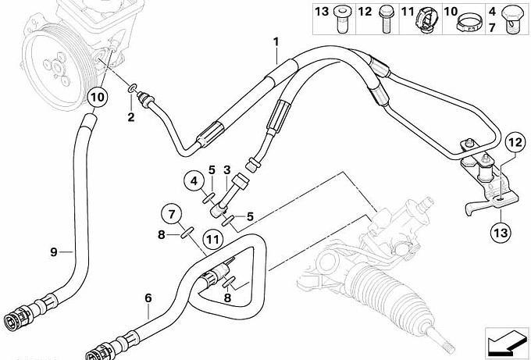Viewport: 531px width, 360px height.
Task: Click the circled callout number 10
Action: coord(98,97)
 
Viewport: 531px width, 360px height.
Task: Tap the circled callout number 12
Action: coord(515,143)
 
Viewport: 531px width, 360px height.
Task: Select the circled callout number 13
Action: coord(501,233)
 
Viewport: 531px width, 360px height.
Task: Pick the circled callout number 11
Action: coord(213,240)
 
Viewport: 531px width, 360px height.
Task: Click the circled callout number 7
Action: coord(171,215)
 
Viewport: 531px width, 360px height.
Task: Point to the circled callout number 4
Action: coord(194,181)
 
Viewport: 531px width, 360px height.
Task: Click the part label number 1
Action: coord(276,42)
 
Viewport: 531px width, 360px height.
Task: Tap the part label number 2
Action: coord(131,117)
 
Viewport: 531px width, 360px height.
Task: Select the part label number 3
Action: coord(227,169)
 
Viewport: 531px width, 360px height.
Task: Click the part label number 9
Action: coord(54,252)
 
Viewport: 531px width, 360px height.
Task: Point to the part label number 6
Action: coord(148,298)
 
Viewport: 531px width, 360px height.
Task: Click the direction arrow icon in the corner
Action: coord(506,341)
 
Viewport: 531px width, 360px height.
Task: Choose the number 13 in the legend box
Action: coord(322,12)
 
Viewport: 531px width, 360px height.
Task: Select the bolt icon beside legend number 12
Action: coord(386,20)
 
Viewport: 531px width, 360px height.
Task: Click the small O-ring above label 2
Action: coord(132,89)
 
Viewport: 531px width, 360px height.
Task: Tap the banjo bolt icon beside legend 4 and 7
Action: coord(513,20)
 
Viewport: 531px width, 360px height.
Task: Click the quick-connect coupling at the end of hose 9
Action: coord(18,317)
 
